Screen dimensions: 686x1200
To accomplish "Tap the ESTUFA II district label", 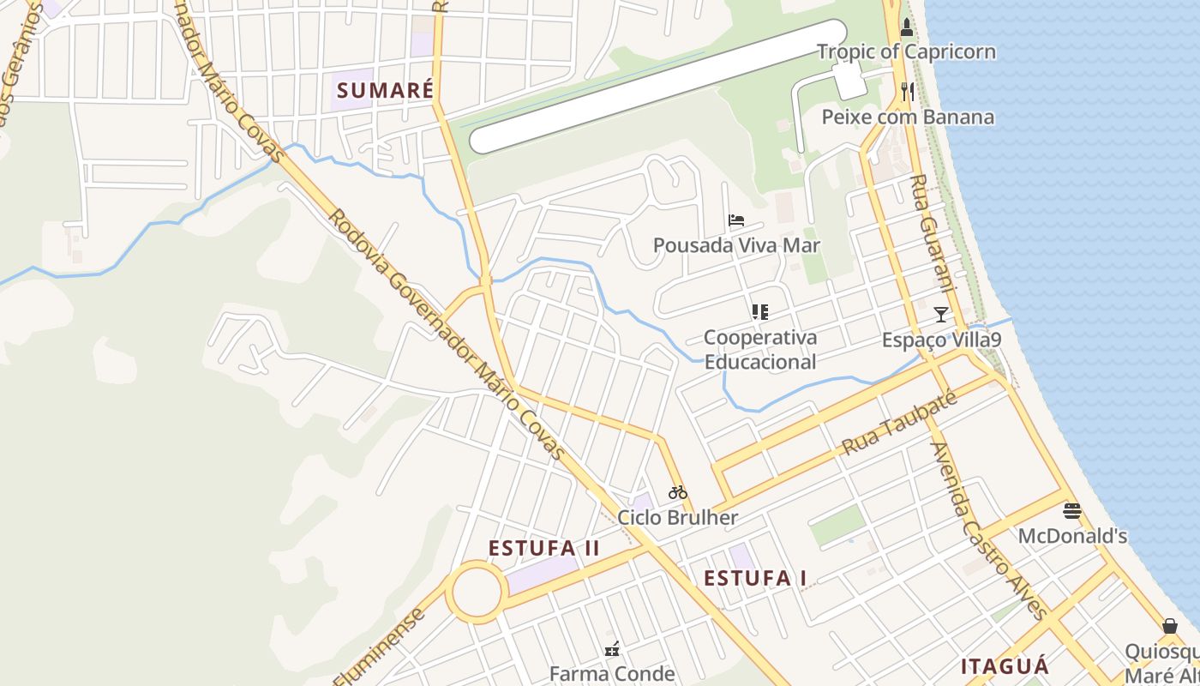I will [x=544, y=548].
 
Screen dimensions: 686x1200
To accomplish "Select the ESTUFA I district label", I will [x=755, y=579].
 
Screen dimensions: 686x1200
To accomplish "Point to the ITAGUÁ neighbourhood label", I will [x=1005, y=666].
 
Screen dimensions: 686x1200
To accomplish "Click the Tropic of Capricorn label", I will [x=906, y=51].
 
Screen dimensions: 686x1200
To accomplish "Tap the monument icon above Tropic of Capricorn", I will [x=906, y=27].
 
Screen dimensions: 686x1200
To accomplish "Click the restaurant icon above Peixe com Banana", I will [x=907, y=92].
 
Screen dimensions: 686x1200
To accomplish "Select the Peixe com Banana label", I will [x=908, y=117].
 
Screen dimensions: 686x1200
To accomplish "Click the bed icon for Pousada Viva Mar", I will [x=736, y=220].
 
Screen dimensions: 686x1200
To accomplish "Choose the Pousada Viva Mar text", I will [x=736, y=245].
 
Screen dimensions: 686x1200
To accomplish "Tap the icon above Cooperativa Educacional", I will [x=759, y=312].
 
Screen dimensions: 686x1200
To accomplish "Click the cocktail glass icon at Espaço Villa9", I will [x=941, y=315].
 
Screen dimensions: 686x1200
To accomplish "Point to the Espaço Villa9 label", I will [x=941, y=340].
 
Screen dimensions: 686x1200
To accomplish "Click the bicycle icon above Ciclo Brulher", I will [x=678, y=492].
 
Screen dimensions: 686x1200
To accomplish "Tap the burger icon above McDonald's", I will [x=1072, y=511].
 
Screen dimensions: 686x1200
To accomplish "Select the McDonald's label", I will [x=1072, y=537].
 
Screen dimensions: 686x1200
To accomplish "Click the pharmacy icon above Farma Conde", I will [x=612, y=649].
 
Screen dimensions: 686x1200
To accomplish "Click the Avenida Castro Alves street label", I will [x=987, y=531].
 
